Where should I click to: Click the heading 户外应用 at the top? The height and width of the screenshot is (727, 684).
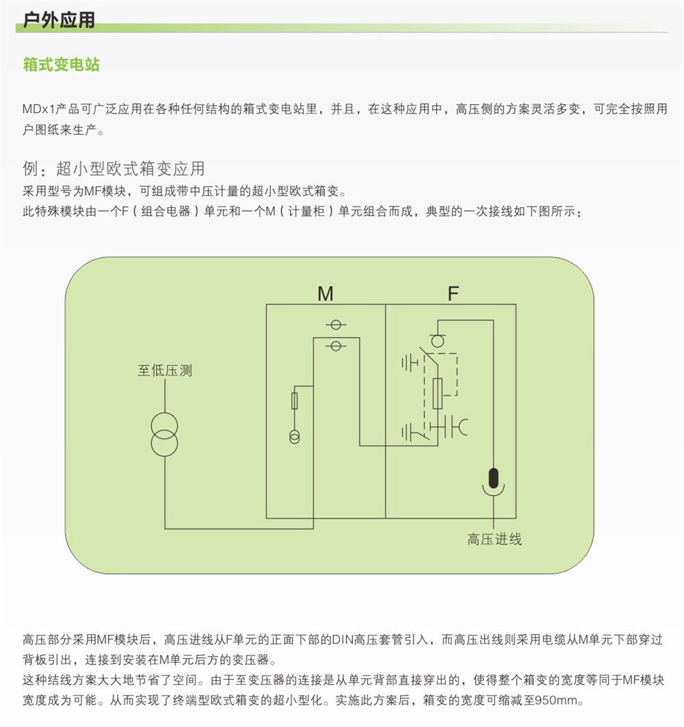[x=59, y=19]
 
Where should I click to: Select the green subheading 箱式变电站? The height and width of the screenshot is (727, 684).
[x=61, y=64]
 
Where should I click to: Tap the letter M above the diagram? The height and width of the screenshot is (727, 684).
[x=326, y=293]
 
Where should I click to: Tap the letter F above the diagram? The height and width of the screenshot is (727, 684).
[x=453, y=293]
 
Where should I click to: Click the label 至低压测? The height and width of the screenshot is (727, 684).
[x=165, y=371]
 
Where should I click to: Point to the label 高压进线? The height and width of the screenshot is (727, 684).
[x=495, y=539]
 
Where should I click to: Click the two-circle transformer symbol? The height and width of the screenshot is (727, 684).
[x=165, y=434]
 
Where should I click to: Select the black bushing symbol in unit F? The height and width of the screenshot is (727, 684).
[x=493, y=479]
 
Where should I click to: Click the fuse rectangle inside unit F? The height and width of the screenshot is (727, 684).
[x=437, y=393]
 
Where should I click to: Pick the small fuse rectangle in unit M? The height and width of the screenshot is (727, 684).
[x=295, y=401]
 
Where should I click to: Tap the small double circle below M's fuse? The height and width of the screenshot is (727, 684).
[x=295, y=437]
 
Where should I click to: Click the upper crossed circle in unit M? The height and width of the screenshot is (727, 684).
[x=337, y=325]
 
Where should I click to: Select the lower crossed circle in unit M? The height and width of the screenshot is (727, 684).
[x=337, y=346]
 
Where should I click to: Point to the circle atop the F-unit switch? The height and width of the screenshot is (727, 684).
[x=437, y=341]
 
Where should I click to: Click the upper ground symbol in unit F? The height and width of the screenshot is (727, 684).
[x=410, y=363]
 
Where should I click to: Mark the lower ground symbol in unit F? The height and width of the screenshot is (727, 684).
[x=410, y=433]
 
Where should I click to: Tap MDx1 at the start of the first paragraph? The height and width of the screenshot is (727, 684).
[x=38, y=109]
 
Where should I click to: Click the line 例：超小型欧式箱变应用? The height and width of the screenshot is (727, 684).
[x=114, y=169]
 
